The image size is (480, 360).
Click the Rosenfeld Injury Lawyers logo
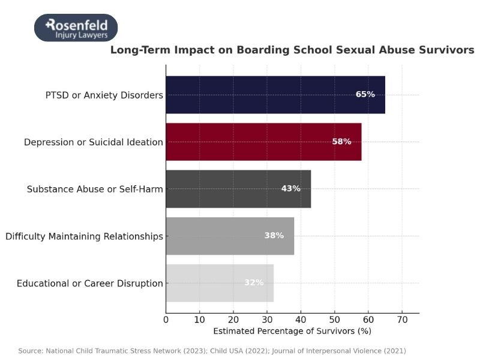click(76, 28)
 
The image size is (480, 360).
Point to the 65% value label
click(365, 95)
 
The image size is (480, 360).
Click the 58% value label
click(341, 142)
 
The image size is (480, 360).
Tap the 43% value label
click(290, 188)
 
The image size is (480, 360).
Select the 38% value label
click(274, 236)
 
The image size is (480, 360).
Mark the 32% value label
click(253, 283)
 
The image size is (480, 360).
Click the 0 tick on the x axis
click(166, 319)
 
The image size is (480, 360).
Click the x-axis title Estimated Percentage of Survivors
click(292, 331)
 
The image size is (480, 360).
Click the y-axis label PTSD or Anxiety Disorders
click(104, 95)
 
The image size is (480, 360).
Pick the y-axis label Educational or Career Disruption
click(90, 283)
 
